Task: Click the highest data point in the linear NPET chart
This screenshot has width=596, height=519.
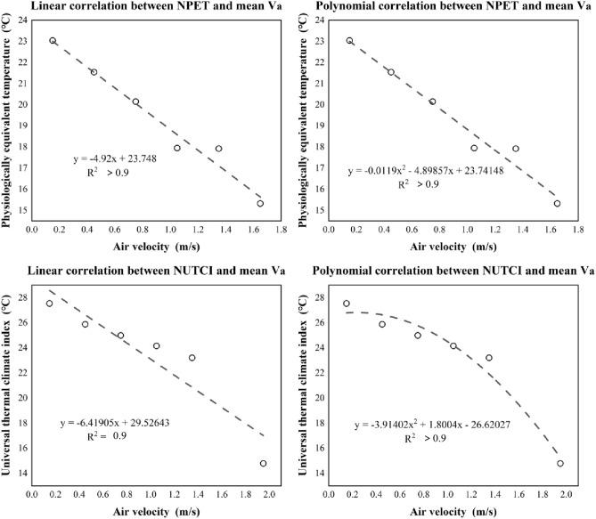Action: [53, 41]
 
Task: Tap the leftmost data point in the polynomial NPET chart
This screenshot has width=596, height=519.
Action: [349, 41]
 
